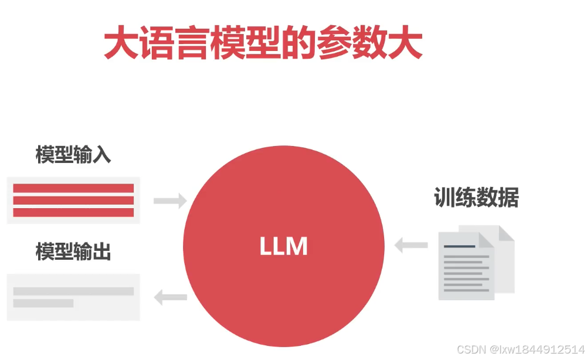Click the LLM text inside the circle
point(284,246)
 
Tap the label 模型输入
point(73,156)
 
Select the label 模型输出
point(73,252)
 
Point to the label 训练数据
point(476,198)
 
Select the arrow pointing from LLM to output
point(170,298)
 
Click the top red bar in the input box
point(73,188)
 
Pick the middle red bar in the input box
point(73,201)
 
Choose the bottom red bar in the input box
point(73,212)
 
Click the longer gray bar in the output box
point(73,291)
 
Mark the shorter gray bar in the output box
point(43,303)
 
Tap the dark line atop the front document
point(460,246)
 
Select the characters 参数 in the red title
point(352,43)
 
